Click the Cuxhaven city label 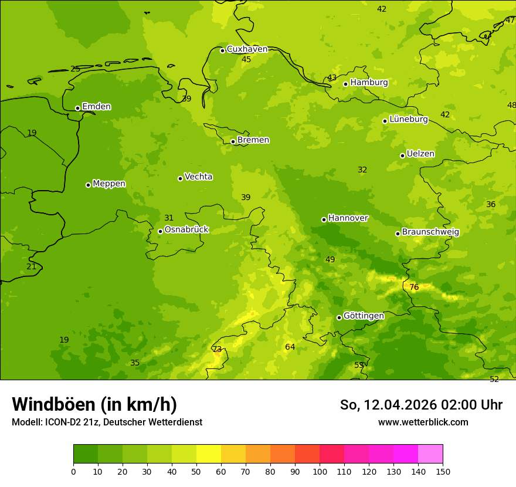coord(247,49)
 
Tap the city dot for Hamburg coord(346,84)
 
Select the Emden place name coord(96,107)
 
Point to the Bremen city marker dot coord(233,141)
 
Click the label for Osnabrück coord(186,230)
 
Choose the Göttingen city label coord(364,316)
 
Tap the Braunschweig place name coord(430,232)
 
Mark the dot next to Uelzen coord(403,155)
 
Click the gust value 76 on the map coord(414,287)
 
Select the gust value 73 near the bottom coord(217,349)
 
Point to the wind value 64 coord(290,347)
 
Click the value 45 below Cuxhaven coord(246,59)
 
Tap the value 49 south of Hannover coord(330,259)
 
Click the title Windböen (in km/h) coord(94,404)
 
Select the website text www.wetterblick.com coord(423,422)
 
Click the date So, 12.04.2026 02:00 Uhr coord(421,405)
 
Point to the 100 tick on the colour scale coord(320,471)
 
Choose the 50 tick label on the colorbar coord(196,471)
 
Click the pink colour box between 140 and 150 coord(430,454)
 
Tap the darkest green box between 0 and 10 coord(86,454)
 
